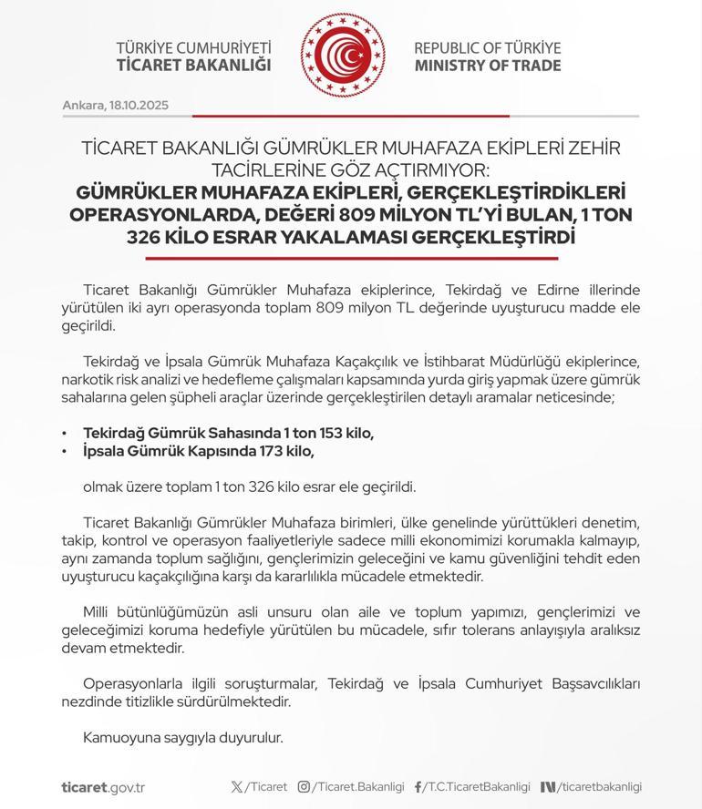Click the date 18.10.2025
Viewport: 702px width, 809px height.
[139, 105]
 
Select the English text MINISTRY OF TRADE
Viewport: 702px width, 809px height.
[487, 66]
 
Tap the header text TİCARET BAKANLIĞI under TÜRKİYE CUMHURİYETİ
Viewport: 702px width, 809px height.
[193, 66]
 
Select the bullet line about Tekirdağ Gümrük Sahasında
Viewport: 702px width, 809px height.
[228, 434]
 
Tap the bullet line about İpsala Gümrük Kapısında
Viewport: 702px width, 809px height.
[199, 451]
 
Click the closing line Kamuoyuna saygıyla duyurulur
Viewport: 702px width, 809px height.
[182, 738]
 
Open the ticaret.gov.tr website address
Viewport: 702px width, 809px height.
[103, 787]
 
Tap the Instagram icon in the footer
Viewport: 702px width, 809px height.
[305, 787]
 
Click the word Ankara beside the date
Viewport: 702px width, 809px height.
[82, 105]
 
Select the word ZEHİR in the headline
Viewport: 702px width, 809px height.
[594, 148]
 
